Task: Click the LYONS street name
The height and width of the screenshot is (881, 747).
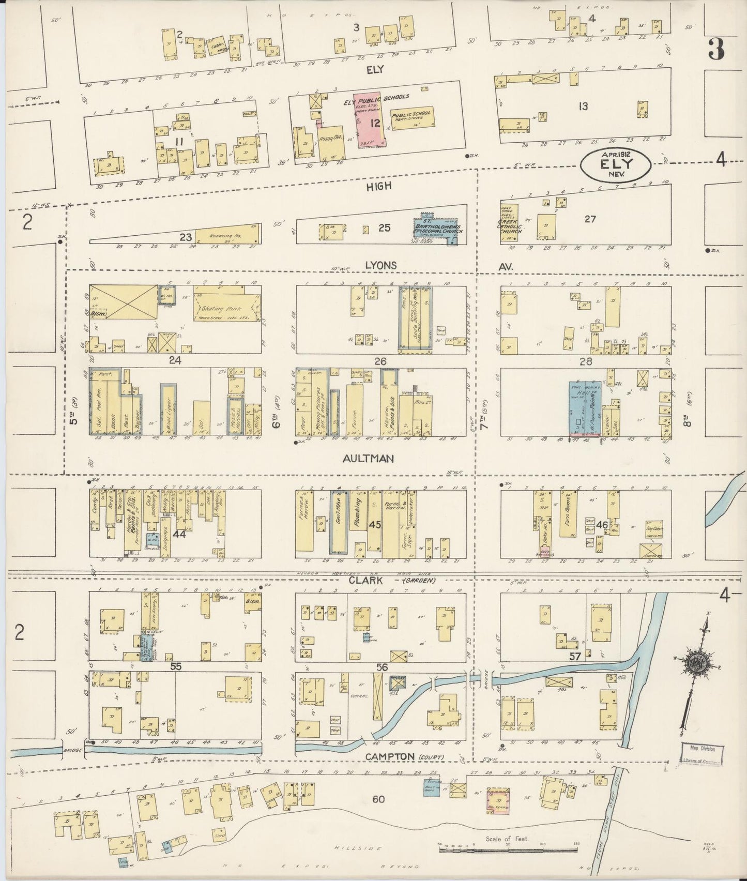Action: [x=380, y=265]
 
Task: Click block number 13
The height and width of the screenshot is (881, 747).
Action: [x=583, y=107]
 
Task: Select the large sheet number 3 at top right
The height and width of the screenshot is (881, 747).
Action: [x=716, y=50]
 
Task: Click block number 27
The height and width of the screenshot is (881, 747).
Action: [x=590, y=219]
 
